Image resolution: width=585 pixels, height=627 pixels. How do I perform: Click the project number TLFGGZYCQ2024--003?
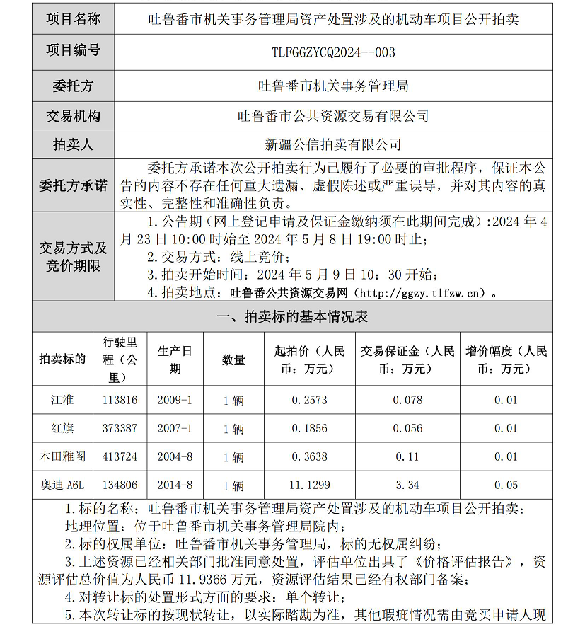(x=333, y=52)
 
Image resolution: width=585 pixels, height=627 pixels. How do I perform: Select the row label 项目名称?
(x=73, y=19)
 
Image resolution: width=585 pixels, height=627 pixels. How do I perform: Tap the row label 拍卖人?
(x=73, y=145)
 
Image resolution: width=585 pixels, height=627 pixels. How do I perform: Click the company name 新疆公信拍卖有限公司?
(x=333, y=145)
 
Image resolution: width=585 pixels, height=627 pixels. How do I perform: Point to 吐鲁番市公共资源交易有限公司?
(x=333, y=116)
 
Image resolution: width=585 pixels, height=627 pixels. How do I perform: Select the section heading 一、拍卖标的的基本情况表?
(x=291, y=317)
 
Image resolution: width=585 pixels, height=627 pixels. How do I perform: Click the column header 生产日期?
(x=175, y=359)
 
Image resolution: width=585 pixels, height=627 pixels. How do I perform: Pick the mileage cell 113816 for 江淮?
(x=120, y=400)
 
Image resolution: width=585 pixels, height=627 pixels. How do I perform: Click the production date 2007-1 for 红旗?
(x=175, y=428)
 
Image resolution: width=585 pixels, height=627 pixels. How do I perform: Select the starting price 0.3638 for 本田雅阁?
(x=310, y=456)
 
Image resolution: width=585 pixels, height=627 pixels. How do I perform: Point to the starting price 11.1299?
(x=310, y=485)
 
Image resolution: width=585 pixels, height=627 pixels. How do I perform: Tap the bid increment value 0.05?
(x=506, y=485)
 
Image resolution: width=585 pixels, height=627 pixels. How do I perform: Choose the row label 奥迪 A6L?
(x=62, y=485)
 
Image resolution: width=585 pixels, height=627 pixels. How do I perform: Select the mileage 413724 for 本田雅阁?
(x=120, y=456)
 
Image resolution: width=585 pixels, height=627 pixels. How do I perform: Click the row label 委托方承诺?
(x=73, y=186)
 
